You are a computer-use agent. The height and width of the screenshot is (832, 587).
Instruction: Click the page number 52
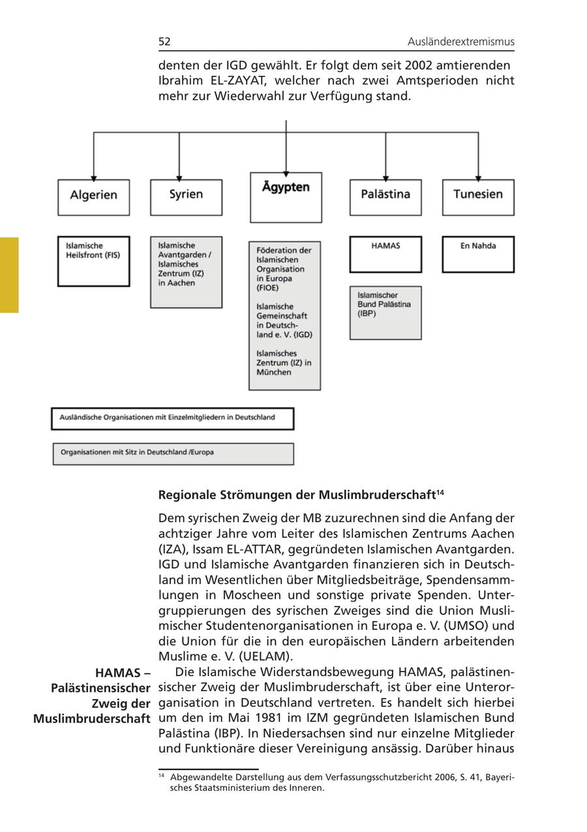click(164, 42)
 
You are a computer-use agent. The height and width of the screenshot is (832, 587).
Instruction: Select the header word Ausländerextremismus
click(460, 42)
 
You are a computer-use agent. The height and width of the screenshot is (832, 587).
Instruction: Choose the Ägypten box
click(286, 197)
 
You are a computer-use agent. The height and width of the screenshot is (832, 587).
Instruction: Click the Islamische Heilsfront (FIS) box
click(93, 261)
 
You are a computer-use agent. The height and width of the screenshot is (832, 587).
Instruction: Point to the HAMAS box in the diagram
click(385, 254)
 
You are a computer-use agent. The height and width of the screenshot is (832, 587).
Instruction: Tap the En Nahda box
click(478, 254)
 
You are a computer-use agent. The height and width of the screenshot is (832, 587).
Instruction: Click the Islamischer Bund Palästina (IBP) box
click(385, 312)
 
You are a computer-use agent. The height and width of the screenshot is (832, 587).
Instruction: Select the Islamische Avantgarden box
click(186, 272)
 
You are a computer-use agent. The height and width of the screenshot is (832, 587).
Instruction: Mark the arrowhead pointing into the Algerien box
click(94, 177)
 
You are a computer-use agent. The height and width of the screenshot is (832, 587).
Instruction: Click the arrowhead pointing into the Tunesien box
click(478, 177)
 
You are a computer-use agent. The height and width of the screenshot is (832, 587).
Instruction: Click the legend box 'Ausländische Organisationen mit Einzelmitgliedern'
click(173, 419)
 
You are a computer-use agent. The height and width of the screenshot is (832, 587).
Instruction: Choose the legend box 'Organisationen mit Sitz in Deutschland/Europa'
click(173, 453)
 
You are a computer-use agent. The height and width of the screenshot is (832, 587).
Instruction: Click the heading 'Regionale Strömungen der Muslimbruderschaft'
click(297, 495)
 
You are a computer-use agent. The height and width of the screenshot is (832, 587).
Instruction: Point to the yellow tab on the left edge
click(9, 275)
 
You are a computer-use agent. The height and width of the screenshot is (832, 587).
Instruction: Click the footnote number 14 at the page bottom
click(162, 776)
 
